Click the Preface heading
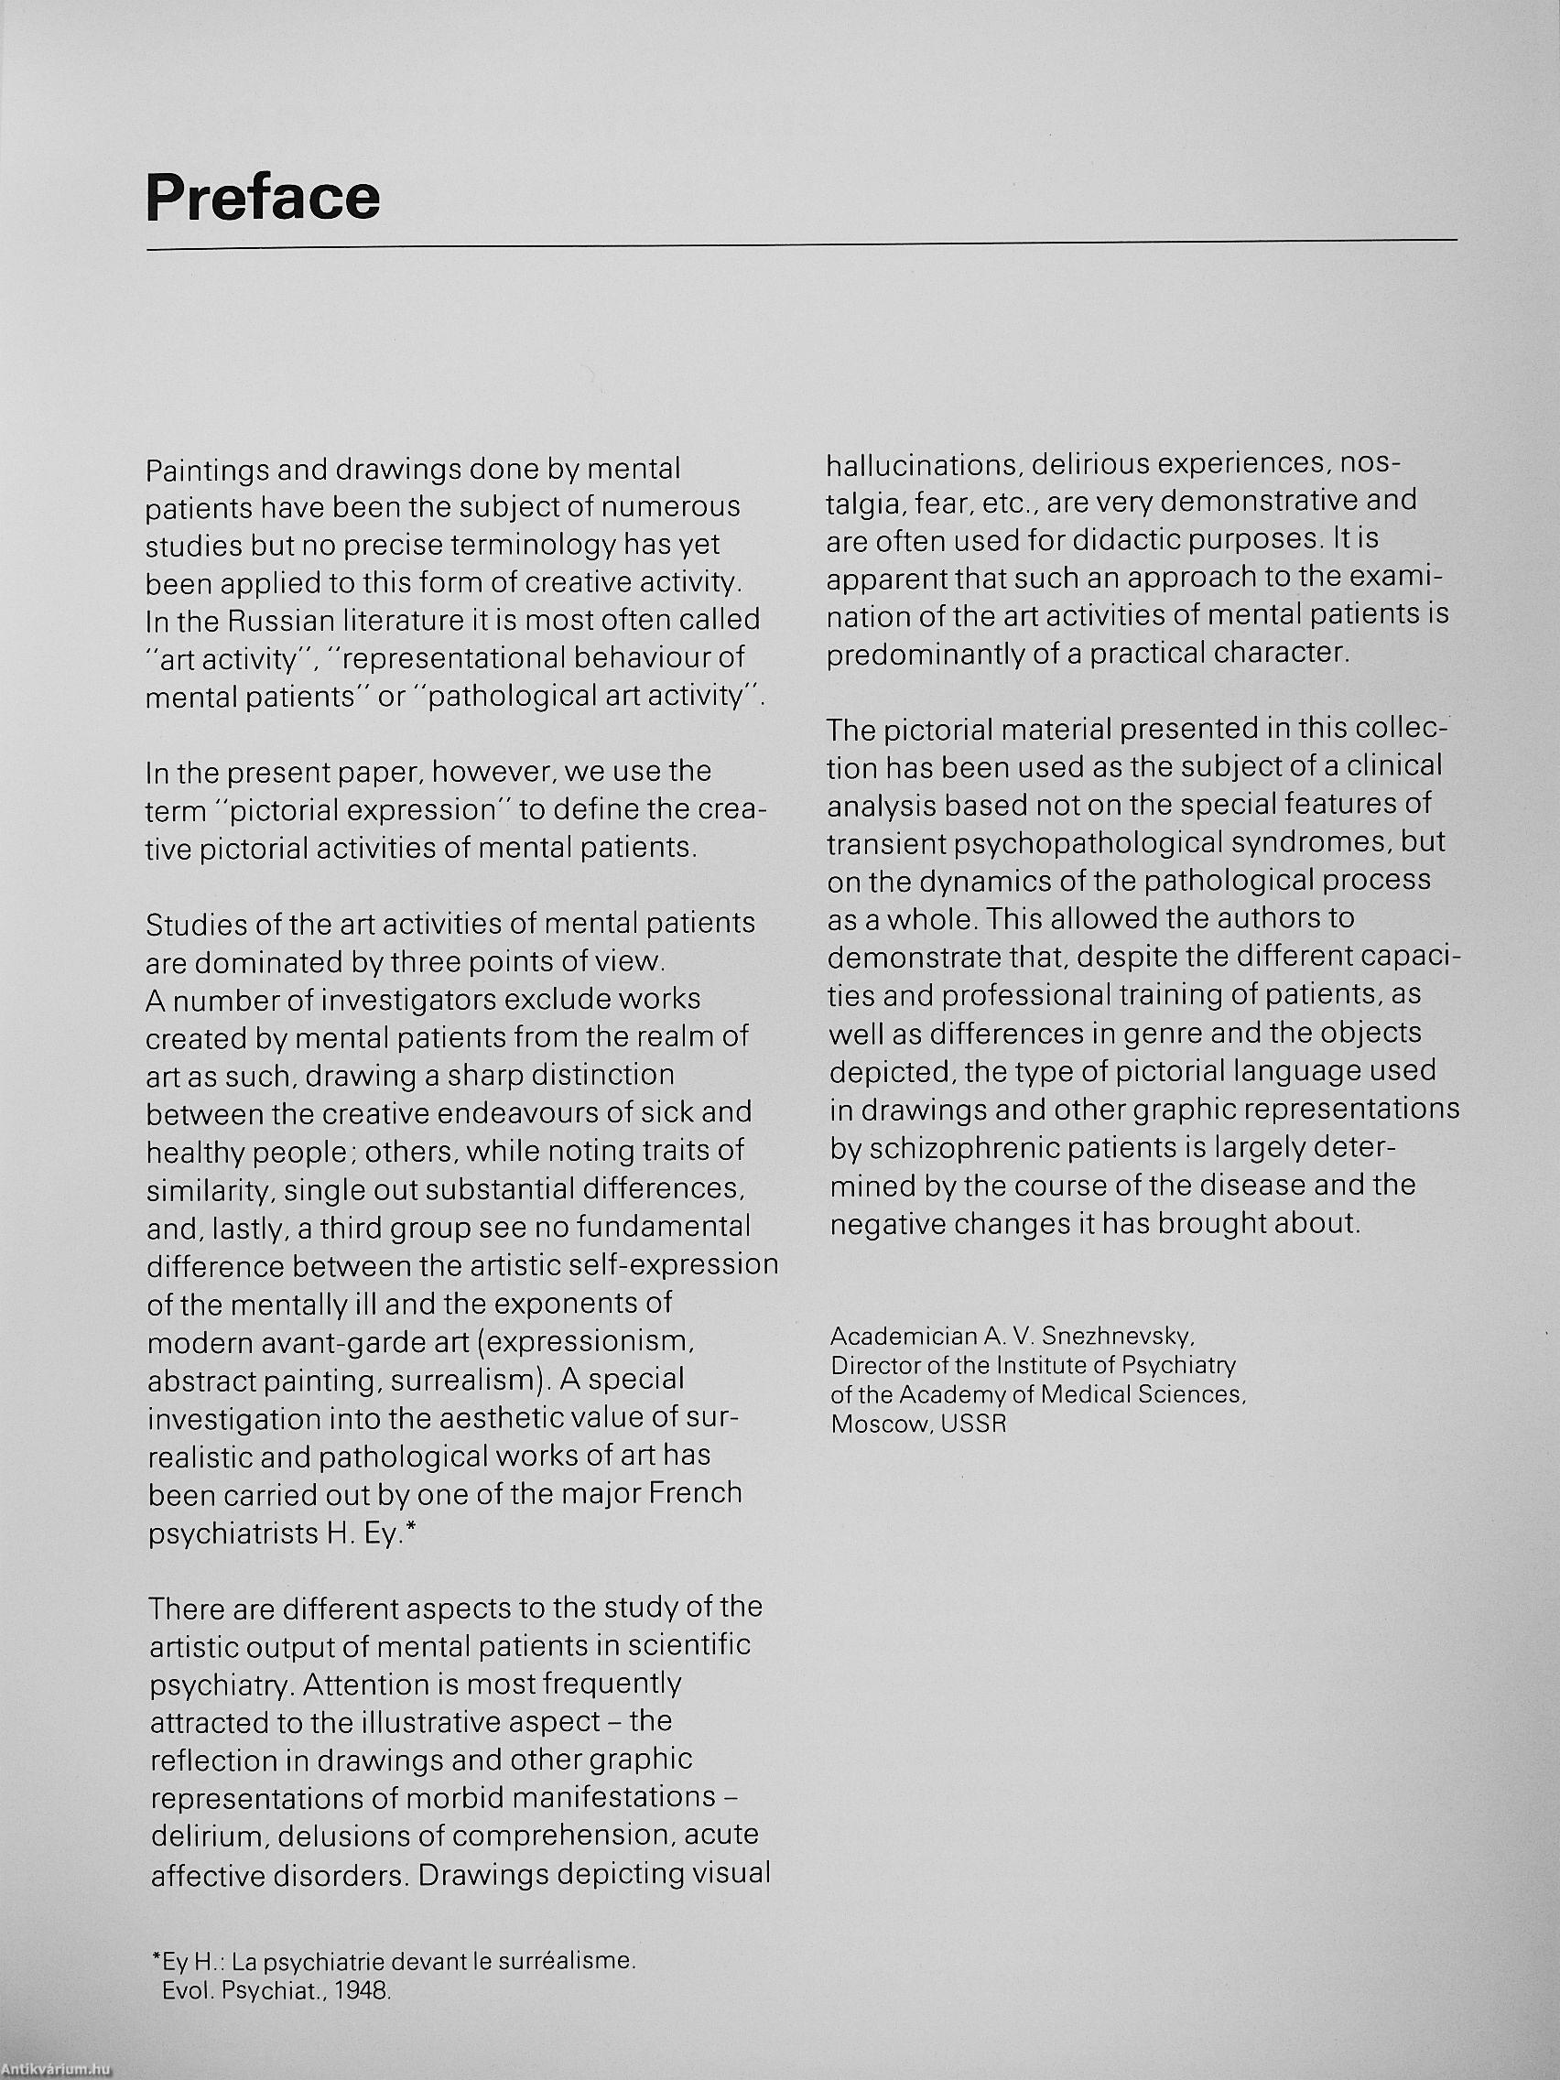(263, 198)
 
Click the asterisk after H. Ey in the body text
(410, 1530)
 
